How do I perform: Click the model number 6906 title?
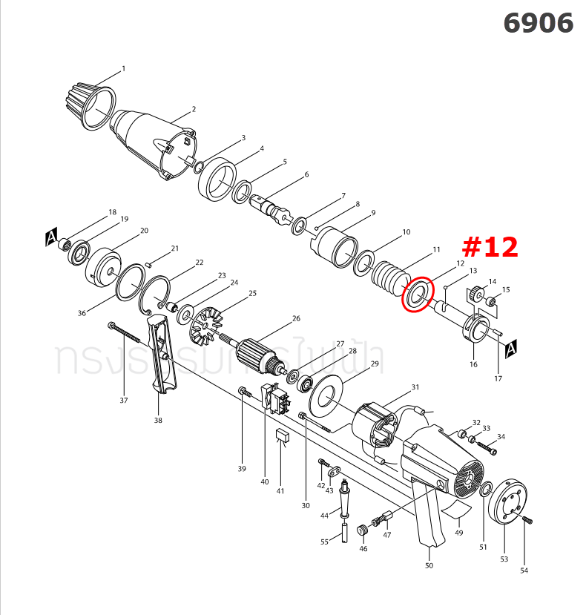pyautogui.click(x=538, y=24)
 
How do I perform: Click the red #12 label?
pyautogui.click(x=490, y=247)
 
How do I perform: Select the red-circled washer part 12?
pyautogui.click(x=416, y=295)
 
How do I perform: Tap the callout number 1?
pyautogui.click(x=123, y=69)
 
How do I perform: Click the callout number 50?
pyautogui.click(x=429, y=566)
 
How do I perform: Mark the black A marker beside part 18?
pyautogui.click(x=51, y=238)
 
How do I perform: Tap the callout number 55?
pyautogui.click(x=324, y=542)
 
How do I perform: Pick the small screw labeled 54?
pyautogui.click(x=527, y=521)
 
